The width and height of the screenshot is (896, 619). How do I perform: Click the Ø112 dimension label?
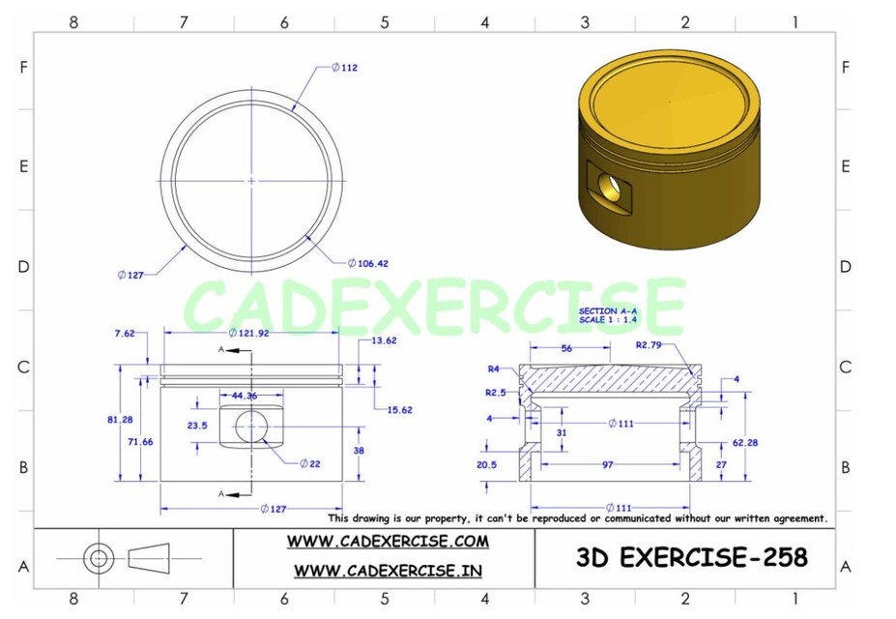coord(344,68)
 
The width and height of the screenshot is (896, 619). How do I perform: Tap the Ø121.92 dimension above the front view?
coord(251,333)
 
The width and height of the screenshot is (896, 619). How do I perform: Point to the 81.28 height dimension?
coord(121,419)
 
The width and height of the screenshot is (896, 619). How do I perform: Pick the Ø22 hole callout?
coord(309,463)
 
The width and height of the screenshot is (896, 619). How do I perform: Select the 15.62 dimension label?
coord(399,409)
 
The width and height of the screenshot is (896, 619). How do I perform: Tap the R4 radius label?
coord(493,368)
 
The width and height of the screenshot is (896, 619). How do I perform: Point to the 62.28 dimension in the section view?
coord(746,442)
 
